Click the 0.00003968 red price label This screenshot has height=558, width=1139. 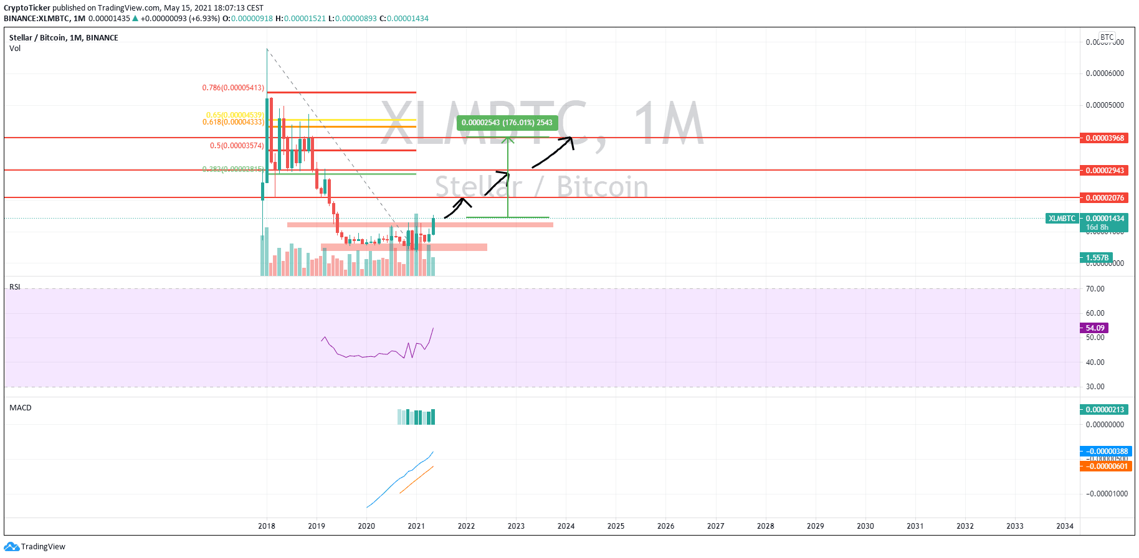(x=1104, y=138)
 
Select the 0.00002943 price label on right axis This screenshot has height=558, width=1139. (x=1104, y=171)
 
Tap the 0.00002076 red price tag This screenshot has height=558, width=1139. (x=1104, y=198)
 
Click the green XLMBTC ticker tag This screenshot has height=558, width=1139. (x=1062, y=219)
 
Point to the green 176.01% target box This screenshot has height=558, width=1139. (x=507, y=123)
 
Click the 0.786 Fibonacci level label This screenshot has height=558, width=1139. (x=233, y=88)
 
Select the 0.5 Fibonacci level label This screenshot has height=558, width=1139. (x=237, y=146)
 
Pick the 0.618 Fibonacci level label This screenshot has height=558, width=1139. (x=233, y=122)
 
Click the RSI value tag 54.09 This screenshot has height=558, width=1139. (x=1094, y=328)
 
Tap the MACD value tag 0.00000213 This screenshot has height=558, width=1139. (x=1104, y=410)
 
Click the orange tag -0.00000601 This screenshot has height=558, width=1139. (x=1104, y=466)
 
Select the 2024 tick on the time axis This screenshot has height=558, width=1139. (x=566, y=526)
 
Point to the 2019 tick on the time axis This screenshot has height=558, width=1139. (x=317, y=526)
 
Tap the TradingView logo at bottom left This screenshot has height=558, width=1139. (x=35, y=547)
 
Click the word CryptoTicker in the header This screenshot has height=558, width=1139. (x=27, y=8)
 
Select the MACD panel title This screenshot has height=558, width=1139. (x=21, y=408)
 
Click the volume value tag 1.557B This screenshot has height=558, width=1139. (x=1097, y=258)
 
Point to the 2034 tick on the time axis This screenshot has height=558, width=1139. (x=1065, y=526)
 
